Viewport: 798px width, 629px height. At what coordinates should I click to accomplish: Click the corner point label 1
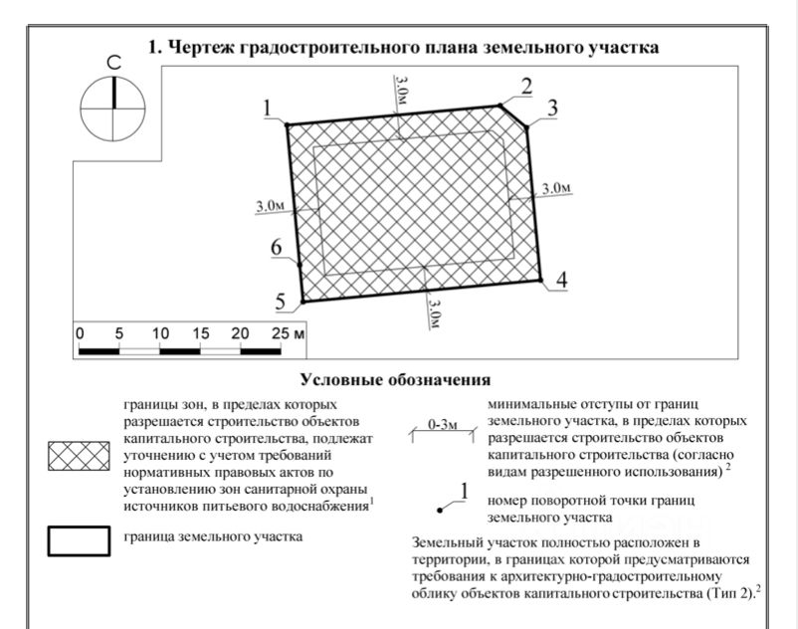(269, 107)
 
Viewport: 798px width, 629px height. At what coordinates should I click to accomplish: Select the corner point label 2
(526, 86)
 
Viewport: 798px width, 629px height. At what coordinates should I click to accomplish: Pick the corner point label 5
(281, 301)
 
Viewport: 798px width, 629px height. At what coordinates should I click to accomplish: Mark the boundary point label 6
(277, 248)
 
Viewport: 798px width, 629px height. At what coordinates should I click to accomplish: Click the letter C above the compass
(113, 64)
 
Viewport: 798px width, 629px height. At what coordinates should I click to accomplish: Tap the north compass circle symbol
(113, 107)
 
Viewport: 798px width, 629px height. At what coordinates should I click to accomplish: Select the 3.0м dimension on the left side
(271, 206)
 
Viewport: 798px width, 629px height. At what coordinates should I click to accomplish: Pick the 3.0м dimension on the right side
(556, 188)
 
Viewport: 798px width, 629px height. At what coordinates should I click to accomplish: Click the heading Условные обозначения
(396, 379)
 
